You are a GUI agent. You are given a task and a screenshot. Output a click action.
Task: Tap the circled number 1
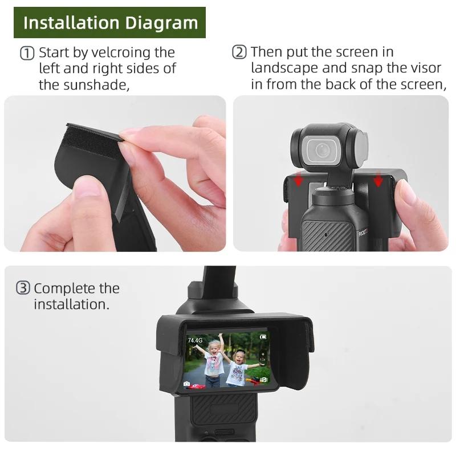pyautogui.click(x=27, y=53)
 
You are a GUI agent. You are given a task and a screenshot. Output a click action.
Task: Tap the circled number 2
pyautogui.click(x=239, y=52)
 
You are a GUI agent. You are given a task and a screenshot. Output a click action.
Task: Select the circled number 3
pyautogui.click(x=23, y=288)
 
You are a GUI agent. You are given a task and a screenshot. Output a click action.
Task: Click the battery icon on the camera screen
pyautogui.click(x=263, y=337)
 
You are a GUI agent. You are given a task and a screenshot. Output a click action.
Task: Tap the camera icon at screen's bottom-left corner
pyautogui.click(x=187, y=384)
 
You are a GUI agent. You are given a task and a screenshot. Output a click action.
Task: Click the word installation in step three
pyautogui.click(x=71, y=304)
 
